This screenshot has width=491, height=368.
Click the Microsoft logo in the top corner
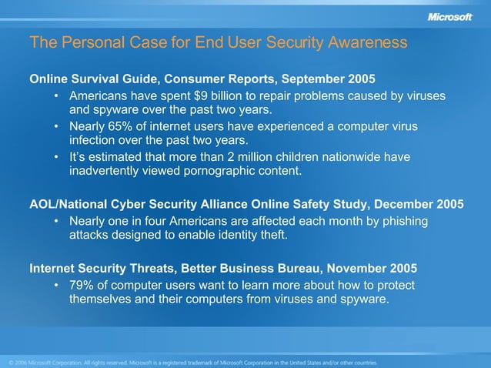pyautogui.click(x=449, y=18)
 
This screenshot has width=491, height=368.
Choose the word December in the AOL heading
pyautogui.click(x=400, y=205)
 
